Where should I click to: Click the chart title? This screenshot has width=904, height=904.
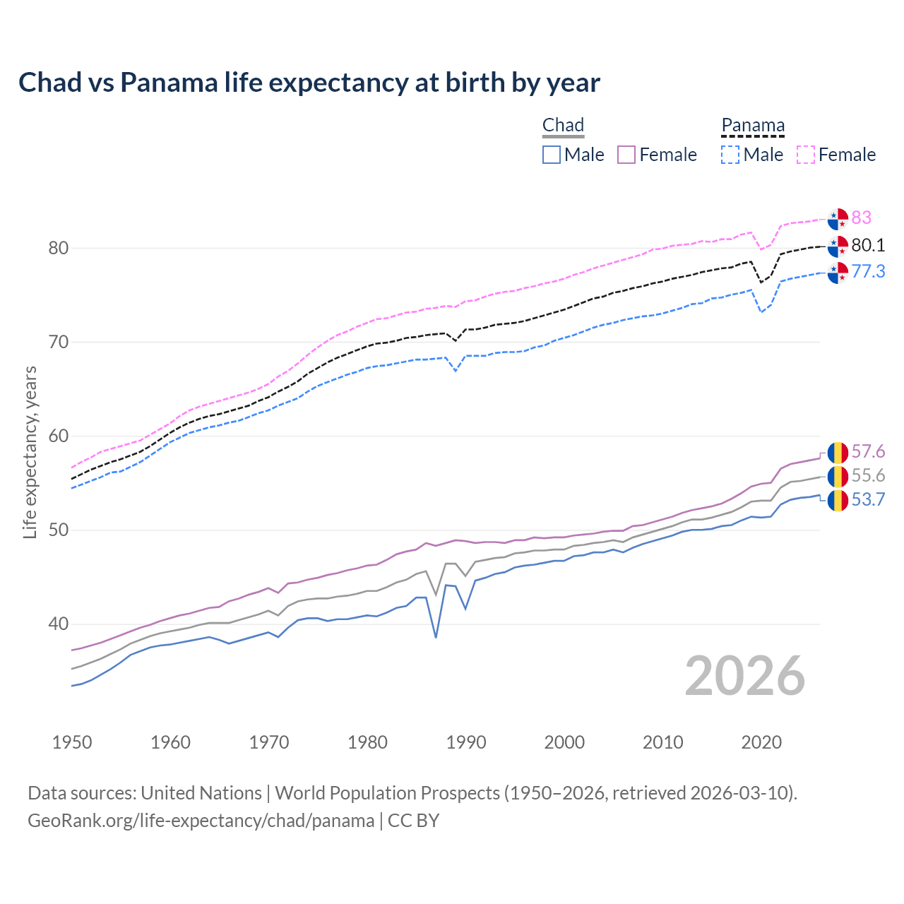[x=309, y=83]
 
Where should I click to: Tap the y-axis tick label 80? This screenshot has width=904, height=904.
[x=59, y=248]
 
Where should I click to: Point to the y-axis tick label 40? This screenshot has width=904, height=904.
[x=59, y=624]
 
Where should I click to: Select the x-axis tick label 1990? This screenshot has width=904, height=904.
[x=466, y=742]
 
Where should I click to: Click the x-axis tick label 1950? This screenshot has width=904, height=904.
[x=72, y=742]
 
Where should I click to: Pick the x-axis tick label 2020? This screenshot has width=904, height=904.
[x=761, y=742]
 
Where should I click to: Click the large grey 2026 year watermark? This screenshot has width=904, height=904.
[x=744, y=676]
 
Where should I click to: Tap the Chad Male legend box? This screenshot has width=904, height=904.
[x=552, y=155]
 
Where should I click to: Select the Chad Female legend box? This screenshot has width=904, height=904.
[x=626, y=155]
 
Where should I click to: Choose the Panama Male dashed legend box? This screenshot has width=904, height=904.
[x=730, y=155]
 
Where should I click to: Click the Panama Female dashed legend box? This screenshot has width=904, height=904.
[x=806, y=155]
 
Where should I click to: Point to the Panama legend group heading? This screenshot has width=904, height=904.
[x=753, y=125]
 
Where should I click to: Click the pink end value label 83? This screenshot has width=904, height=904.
[x=861, y=218]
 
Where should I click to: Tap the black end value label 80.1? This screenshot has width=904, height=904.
[x=868, y=245]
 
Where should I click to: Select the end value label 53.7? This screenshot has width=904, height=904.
[x=868, y=500]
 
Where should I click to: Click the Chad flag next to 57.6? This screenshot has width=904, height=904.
[x=838, y=452]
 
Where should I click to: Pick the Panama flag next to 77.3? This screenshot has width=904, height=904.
[x=838, y=272]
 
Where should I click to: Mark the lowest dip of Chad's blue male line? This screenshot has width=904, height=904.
[x=436, y=637]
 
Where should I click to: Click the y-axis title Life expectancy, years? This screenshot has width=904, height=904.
[x=30, y=452]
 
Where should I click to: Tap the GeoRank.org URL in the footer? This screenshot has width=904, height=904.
[x=201, y=821]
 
